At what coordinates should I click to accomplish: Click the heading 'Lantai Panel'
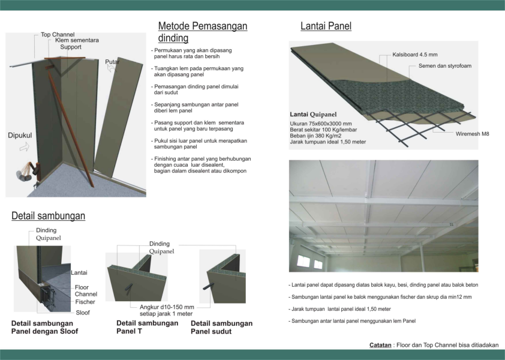click(326, 26)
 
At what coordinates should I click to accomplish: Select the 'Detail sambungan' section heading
click(49, 215)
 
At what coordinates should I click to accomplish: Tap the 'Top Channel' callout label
click(58, 34)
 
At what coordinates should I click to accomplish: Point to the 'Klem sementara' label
click(77, 40)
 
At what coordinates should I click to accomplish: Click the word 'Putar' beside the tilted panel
click(112, 62)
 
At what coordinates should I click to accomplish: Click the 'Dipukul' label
click(20, 136)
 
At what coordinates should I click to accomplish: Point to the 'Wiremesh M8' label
click(472, 134)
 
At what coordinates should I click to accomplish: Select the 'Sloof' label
click(83, 313)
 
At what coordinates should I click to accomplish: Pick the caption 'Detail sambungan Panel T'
click(147, 327)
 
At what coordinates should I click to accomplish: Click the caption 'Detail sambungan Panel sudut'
click(221, 327)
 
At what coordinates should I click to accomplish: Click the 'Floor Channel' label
click(86, 291)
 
